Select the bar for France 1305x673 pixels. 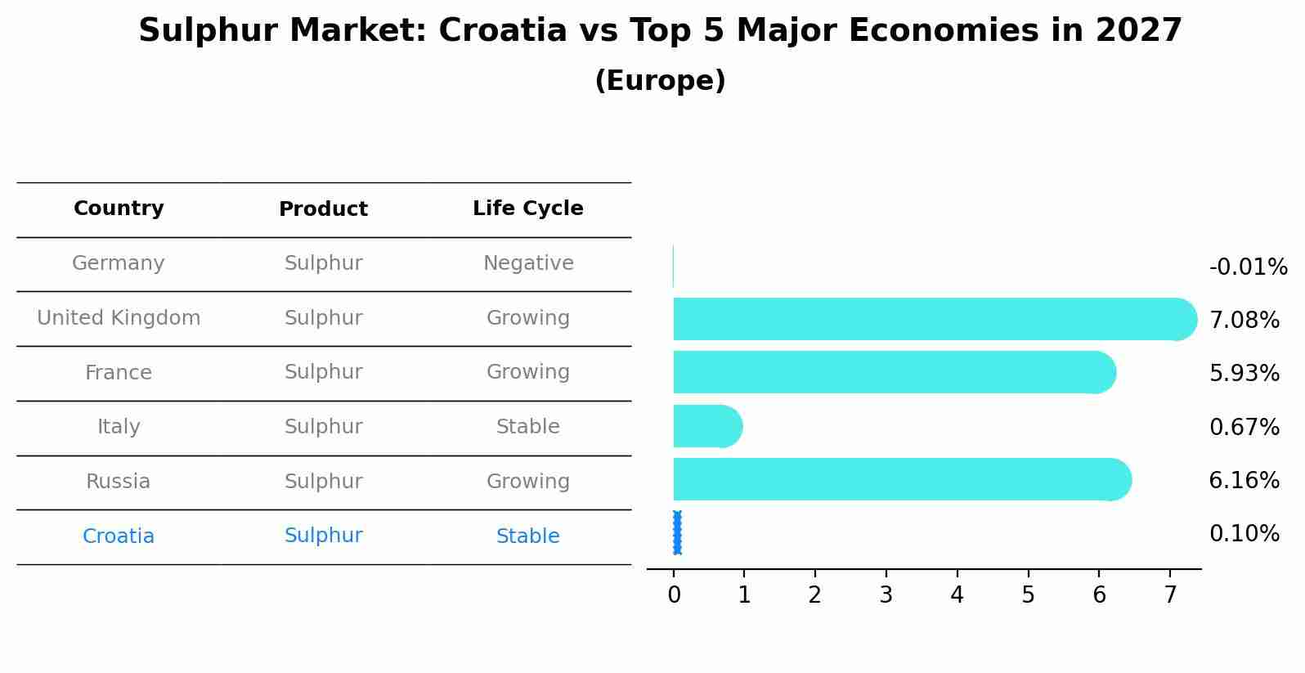891,372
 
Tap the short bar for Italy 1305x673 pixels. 706,426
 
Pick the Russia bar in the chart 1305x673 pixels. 899,479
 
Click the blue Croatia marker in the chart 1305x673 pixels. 677,533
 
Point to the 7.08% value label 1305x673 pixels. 1244,320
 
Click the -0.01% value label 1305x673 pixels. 1248,267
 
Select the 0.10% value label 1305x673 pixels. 1244,534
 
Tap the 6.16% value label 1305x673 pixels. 1244,480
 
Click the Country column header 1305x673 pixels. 119,209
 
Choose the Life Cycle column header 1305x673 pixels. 527,209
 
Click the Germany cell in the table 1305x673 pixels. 119,263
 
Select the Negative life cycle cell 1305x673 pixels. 527,263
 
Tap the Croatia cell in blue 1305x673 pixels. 119,536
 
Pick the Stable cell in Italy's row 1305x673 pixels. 527,427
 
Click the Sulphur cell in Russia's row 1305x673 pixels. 323,482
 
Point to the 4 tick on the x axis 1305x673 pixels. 957,595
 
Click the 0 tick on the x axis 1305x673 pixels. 674,595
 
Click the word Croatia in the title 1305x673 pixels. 502,31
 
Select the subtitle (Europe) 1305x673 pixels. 660,81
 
